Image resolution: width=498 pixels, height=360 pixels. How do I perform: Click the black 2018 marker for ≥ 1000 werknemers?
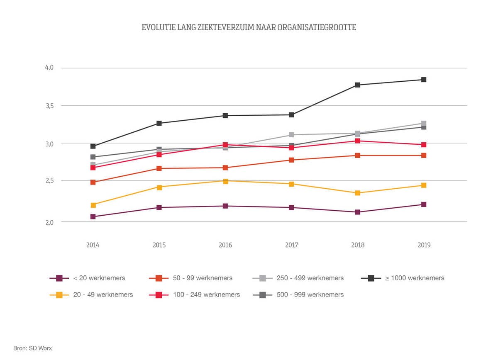tap(358, 85)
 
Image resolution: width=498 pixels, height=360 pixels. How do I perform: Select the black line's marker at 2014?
tap(93, 146)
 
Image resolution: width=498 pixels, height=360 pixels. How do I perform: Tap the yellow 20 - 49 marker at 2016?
tap(225, 181)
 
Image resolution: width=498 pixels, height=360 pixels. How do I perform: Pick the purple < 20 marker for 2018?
tap(358, 212)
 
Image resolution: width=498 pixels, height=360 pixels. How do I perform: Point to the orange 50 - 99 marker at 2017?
tap(292, 160)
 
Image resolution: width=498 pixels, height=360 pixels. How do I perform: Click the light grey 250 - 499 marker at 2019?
tap(424, 124)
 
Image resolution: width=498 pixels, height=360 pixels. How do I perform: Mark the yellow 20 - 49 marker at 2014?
tap(93, 205)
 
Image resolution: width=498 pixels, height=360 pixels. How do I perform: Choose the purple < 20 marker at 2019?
tap(424, 204)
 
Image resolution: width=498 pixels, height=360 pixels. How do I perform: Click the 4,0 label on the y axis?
tap(49, 68)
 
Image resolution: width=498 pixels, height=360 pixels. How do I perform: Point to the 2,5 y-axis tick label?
tap(49, 181)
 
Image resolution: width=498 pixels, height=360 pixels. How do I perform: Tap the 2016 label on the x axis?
tap(225, 245)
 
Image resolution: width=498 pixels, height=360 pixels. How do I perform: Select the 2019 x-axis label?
tap(424, 245)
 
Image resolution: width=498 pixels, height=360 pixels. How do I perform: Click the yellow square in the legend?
tap(59, 294)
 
